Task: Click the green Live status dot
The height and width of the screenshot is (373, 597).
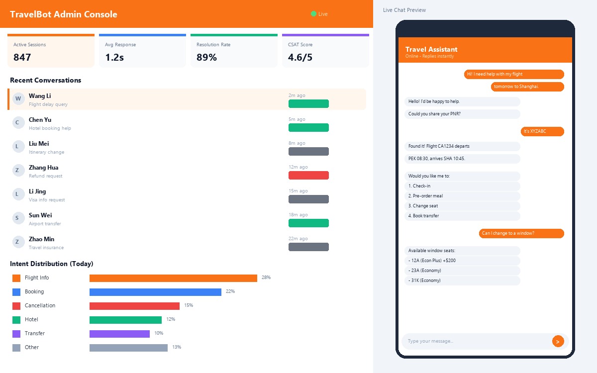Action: pos(313,14)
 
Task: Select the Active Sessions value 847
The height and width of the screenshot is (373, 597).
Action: pos(22,57)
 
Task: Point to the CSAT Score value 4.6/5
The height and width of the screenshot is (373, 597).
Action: pos(300,57)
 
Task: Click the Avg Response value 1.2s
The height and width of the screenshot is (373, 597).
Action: pos(114,57)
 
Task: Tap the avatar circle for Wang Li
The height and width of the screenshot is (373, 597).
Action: pos(18,98)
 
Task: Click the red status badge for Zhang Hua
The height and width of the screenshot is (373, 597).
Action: pos(308,175)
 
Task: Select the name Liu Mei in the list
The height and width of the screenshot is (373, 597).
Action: pos(39,144)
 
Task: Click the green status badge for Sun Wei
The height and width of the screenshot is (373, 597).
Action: pos(308,223)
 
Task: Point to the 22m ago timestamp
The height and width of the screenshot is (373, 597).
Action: pos(298,239)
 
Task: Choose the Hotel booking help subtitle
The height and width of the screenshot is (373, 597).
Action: pos(50,128)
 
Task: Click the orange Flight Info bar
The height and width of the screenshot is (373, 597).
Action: pos(173,278)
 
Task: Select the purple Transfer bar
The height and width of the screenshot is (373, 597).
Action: pos(119,334)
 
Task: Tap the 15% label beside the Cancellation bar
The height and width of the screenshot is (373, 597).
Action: pos(189,305)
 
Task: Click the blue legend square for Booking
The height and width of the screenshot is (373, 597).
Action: pos(16,292)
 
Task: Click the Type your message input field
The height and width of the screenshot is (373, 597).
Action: pos(475,341)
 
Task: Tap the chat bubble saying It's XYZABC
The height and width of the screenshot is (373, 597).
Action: pos(542,131)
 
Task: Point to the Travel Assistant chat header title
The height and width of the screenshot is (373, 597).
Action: pos(431,49)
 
